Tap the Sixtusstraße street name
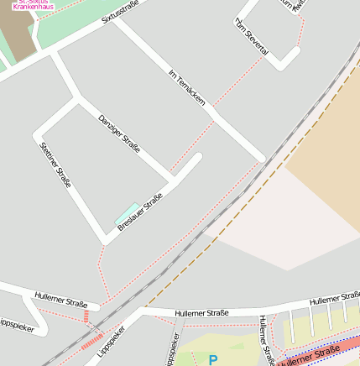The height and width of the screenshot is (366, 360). (x=121, y=10)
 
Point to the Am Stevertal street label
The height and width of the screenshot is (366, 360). (x=251, y=37)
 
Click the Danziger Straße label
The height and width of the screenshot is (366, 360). (x=119, y=133)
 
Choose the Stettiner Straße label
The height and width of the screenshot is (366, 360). (x=55, y=164)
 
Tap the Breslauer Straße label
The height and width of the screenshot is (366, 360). (x=140, y=212)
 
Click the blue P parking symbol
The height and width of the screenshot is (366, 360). (x=212, y=360)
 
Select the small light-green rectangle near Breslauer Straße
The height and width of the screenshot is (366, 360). (x=128, y=212)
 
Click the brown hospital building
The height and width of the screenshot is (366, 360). (x=17, y=34)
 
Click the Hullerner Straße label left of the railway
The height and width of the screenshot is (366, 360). (x=61, y=301)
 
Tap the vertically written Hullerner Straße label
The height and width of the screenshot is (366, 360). (x=266, y=340)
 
